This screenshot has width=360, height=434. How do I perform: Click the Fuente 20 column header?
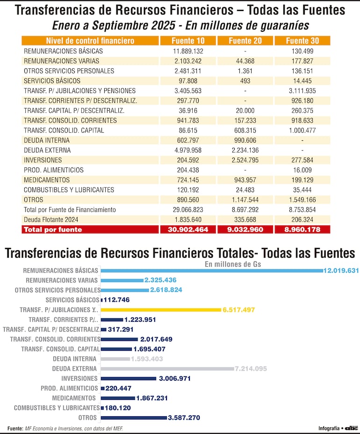pos(245,41)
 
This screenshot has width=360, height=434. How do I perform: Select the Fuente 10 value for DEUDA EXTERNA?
pos(187,150)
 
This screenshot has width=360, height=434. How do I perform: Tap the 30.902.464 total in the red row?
pos(187,230)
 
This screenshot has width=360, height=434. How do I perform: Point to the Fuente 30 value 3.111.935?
pos(302,91)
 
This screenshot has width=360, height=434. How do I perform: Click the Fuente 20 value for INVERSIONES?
pos(245,160)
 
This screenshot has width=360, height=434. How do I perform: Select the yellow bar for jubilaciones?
pos(160,310)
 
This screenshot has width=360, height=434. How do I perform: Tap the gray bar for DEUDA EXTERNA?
pos(167,369)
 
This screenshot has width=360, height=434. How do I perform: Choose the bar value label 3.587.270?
pos(186,418)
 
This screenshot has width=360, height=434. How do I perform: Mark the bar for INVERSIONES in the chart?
pos(129,378)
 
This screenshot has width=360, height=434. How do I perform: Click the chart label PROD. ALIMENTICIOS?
pos(69,388)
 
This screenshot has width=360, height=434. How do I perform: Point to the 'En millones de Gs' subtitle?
pos(233,264)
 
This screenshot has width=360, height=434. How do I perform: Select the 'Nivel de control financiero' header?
pos(90,41)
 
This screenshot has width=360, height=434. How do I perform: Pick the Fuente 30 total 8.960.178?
pos(302,230)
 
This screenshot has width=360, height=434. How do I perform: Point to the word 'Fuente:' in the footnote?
pos(15,428)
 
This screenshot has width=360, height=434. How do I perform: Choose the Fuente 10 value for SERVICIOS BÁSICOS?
pos(187,81)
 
